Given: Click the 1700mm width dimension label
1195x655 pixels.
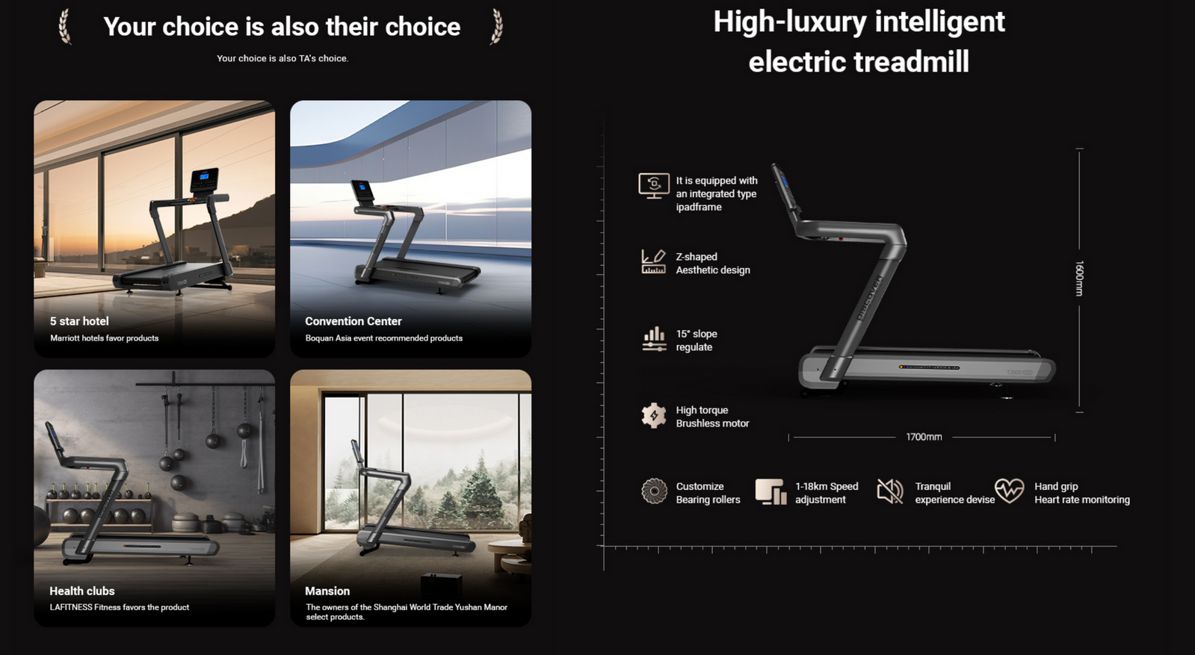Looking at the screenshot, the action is tap(924, 437).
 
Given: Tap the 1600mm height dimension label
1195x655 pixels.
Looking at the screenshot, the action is tap(1078, 278).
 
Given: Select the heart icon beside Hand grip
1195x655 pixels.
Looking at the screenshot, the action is tap(1009, 491).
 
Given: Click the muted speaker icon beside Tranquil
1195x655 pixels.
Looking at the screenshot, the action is tap(890, 491).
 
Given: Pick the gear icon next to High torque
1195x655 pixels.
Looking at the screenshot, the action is tap(653, 416).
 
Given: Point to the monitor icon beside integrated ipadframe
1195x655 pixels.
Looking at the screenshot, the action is tap(653, 186).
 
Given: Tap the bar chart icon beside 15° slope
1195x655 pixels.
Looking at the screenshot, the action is tap(654, 339).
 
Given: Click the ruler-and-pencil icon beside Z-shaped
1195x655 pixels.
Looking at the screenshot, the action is tap(653, 261).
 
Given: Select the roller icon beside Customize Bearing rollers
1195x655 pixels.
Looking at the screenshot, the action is tap(654, 491).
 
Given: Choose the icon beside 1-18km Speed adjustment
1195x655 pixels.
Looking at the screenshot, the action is tap(771, 491).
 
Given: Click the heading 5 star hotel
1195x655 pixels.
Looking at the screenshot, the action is tap(79, 321).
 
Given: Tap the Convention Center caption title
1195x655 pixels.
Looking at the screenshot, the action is tap(353, 321).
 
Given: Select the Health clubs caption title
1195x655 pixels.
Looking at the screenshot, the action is tap(82, 591).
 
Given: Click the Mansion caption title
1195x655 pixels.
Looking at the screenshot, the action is tap(327, 591).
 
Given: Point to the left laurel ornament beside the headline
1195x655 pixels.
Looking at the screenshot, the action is tap(64, 26).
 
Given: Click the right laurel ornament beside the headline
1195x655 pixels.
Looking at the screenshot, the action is tap(497, 26).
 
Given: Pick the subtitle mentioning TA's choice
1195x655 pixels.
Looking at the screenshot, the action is tap(282, 58).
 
